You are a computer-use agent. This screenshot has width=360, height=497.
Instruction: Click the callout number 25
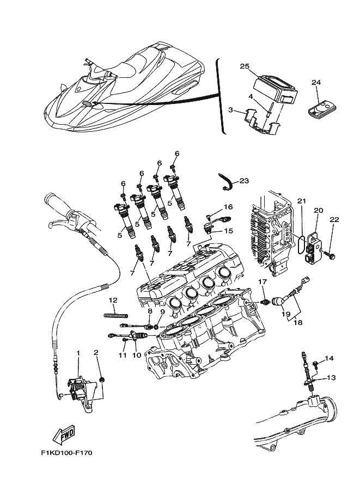coord(245,66)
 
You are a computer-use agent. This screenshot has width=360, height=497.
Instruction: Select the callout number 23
coord(243,180)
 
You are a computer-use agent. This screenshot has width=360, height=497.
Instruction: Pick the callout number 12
coord(113,300)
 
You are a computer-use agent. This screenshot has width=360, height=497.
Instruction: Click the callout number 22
coord(333,219)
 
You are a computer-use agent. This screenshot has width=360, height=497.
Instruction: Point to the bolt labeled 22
coord(331,253)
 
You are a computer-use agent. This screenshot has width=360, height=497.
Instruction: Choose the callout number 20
coord(318,210)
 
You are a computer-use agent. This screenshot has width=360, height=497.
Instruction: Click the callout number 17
coord(263,281)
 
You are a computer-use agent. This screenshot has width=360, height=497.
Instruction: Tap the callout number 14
coord(329,358)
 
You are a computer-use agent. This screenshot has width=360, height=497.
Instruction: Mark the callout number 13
coord(331,378)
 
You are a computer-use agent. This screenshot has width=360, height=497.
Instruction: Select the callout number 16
coord(228,207)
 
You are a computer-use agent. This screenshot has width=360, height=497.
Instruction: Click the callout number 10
coord(136,355)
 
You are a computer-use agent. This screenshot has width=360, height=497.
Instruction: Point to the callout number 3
coord(230,110)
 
